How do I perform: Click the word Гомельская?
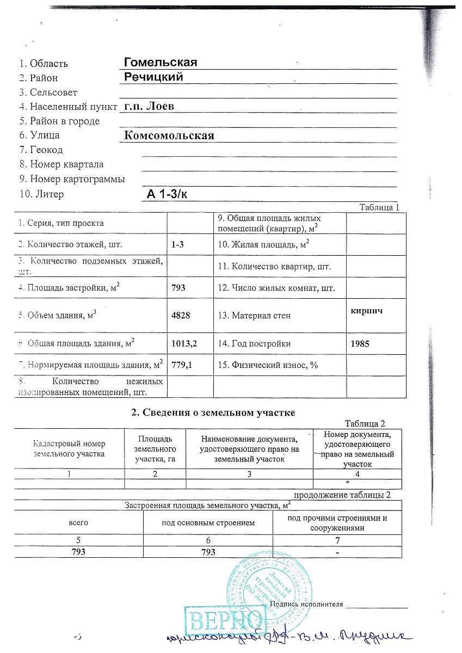[x=160, y=62]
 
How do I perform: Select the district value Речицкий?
[x=153, y=77]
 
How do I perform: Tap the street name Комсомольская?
[x=169, y=135]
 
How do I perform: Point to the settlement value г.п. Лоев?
[x=149, y=106]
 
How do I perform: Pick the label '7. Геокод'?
[x=41, y=150]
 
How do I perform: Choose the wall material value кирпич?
[x=362, y=309]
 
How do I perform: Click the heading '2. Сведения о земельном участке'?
[x=213, y=412]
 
